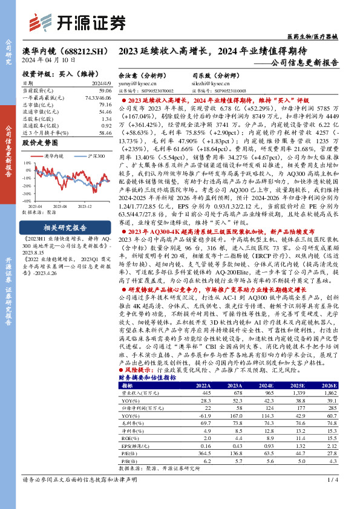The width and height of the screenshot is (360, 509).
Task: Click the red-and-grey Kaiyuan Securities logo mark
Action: coord(41,23)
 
